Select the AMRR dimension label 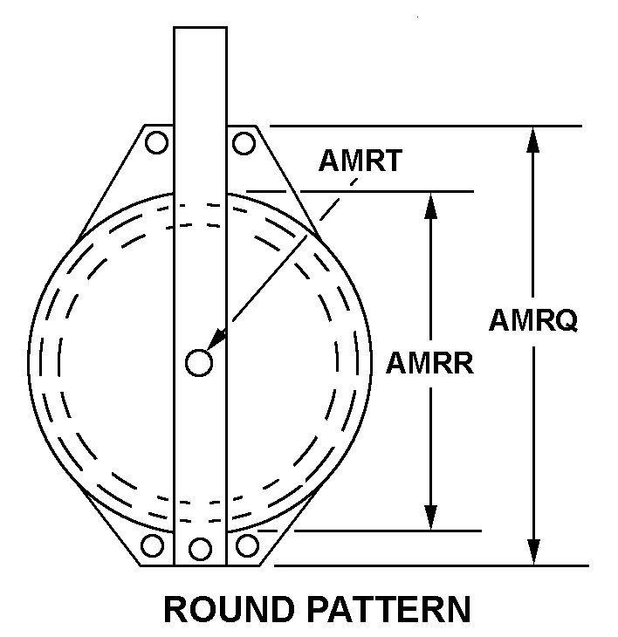pos(429,363)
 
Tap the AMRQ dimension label pos(532,320)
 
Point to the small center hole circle pos(199,363)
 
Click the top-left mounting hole pos(157,141)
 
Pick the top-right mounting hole pos(244,141)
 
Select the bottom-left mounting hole pos(153,546)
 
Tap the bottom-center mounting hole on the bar pos(201,549)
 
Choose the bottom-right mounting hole pos(248,545)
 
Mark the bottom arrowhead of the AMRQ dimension pos(532,551)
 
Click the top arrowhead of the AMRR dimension pos(429,204)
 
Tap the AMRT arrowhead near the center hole pos(216,339)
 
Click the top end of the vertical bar pos(201,30)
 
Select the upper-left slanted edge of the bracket pos(109,183)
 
